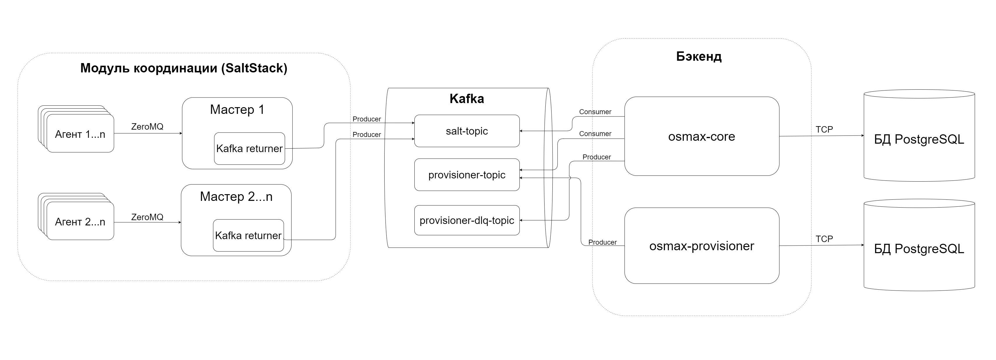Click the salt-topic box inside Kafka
467,131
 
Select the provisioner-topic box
467,175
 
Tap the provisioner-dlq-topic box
467,220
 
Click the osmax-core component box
701,137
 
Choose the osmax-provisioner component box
701,246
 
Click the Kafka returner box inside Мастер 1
250,149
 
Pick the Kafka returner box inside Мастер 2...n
248,236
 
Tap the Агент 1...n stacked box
80,134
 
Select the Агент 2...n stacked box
80,222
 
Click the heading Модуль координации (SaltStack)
184,68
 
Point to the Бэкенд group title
699,56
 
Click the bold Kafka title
467,99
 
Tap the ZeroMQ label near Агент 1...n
147,126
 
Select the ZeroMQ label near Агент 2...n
147,217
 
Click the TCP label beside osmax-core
824,130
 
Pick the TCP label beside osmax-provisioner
824,239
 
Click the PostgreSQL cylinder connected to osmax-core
919,139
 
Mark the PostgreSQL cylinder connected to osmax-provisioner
919,249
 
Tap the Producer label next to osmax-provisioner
602,242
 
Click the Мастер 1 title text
237,109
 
